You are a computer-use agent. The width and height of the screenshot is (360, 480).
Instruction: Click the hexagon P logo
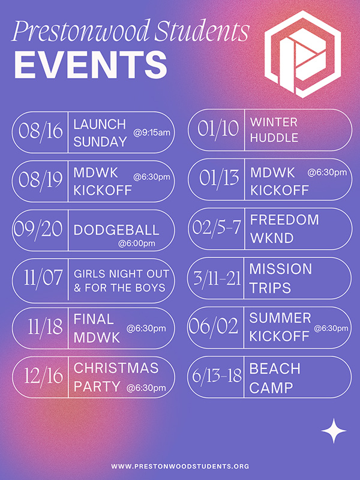(302, 54)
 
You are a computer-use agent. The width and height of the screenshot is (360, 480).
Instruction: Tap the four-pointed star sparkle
(334, 431)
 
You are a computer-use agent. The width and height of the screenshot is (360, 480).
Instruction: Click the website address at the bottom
(180, 466)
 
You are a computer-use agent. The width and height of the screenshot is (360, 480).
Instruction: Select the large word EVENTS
(91, 65)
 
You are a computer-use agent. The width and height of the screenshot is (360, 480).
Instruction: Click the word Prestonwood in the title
(81, 31)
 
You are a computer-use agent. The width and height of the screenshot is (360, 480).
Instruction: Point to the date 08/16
(40, 131)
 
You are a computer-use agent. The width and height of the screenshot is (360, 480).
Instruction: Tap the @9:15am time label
(152, 133)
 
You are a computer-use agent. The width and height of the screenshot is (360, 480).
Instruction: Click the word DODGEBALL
(116, 230)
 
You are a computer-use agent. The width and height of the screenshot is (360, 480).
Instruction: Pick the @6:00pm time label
(137, 244)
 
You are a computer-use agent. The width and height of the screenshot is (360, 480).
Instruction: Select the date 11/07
(43, 278)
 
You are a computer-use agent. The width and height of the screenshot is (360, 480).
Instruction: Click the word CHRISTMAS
(116, 368)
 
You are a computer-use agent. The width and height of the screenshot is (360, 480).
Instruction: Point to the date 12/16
(43, 376)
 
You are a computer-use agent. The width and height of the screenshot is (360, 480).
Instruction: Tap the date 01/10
(218, 128)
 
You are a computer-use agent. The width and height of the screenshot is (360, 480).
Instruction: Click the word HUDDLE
(274, 138)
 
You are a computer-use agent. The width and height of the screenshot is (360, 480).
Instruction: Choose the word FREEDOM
(284, 220)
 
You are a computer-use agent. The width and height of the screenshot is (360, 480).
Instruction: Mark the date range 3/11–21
(217, 278)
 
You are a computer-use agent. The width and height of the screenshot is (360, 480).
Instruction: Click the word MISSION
(281, 269)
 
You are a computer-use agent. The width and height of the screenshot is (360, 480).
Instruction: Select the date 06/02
(213, 326)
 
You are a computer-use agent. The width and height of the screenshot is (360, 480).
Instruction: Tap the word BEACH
(275, 368)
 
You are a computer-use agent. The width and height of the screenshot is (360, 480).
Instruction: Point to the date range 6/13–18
(217, 376)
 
